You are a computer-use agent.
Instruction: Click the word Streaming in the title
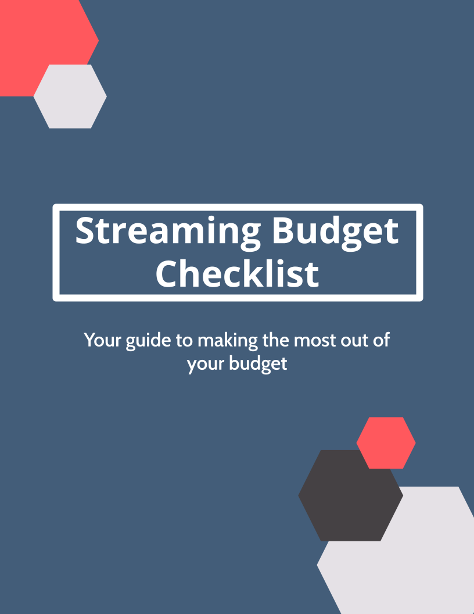tap(168, 232)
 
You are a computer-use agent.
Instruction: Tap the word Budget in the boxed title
tap(335, 232)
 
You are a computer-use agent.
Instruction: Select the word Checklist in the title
tap(237, 273)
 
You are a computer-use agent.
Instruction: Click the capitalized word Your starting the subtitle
tap(102, 340)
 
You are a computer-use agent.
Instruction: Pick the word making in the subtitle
tap(228, 341)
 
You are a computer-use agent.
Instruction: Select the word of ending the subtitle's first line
tap(381, 340)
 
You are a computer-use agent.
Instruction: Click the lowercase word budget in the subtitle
tap(258, 364)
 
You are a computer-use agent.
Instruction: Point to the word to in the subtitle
tap(184, 341)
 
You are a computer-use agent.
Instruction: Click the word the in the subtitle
tap(276, 340)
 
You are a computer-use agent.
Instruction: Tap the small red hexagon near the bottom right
tap(386, 443)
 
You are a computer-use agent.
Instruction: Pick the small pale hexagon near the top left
tap(70, 97)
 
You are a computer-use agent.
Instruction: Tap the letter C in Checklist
tap(167, 274)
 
